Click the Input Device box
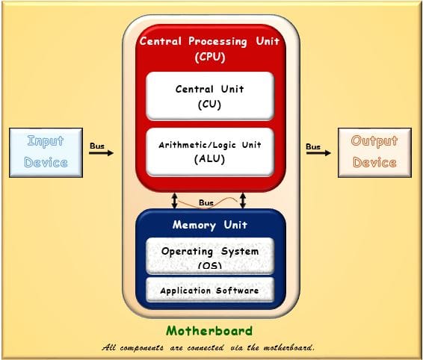[x=46, y=152]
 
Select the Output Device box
[x=374, y=152]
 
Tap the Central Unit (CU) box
[x=209, y=96]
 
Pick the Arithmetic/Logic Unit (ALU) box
[x=209, y=152]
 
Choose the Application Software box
[x=209, y=291]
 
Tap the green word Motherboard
[x=209, y=331]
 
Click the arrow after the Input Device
[x=101, y=153]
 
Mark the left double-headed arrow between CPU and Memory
[x=174, y=200]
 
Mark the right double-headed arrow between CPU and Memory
[x=243, y=200]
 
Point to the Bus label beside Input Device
[x=97, y=145]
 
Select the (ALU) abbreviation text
[x=209, y=158]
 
